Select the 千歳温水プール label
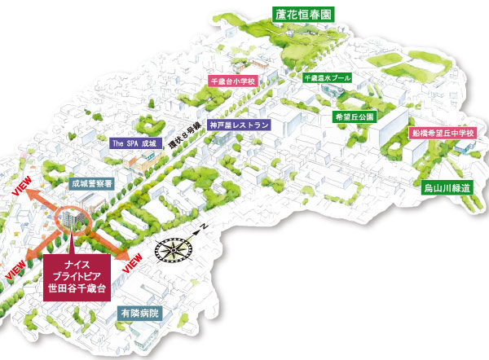326,79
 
